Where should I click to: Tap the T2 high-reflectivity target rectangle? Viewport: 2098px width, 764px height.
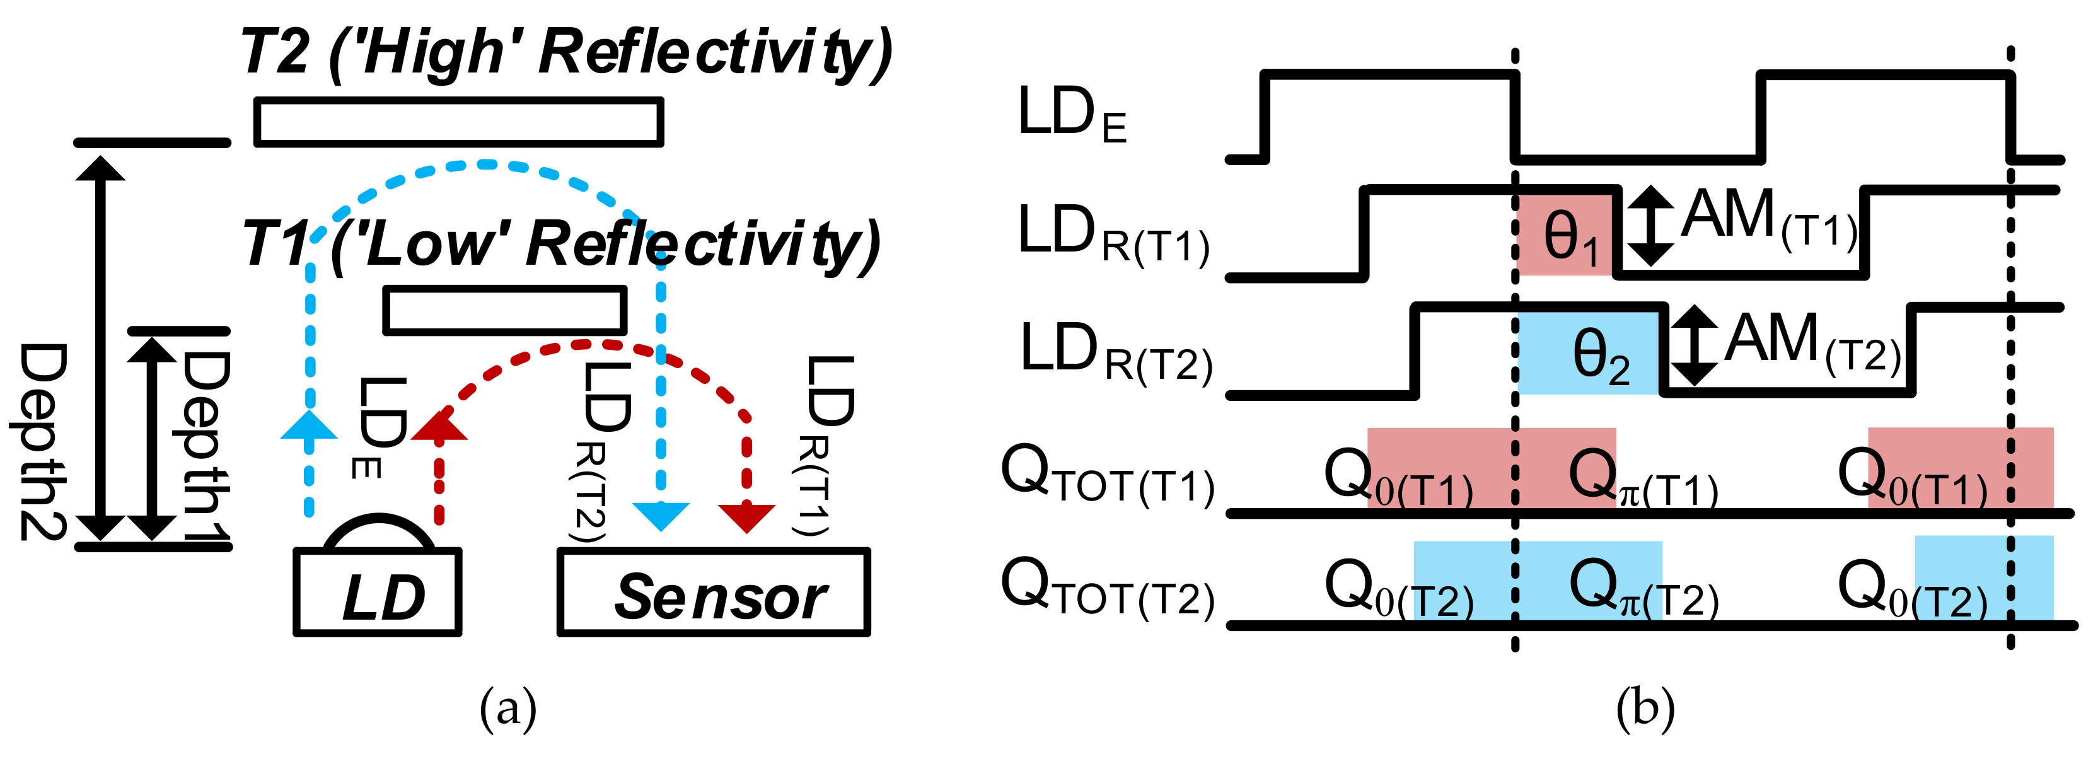(458, 122)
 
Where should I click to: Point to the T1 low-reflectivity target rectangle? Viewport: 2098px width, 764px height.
(505, 310)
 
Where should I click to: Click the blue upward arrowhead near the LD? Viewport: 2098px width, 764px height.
(309, 426)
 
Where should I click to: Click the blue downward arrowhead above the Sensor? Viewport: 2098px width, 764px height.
(661, 516)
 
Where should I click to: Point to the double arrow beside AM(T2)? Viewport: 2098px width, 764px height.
(1694, 345)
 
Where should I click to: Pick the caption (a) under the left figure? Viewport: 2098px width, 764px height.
(508, 707)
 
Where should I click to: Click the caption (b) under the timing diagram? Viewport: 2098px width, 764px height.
(1645, 707)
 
